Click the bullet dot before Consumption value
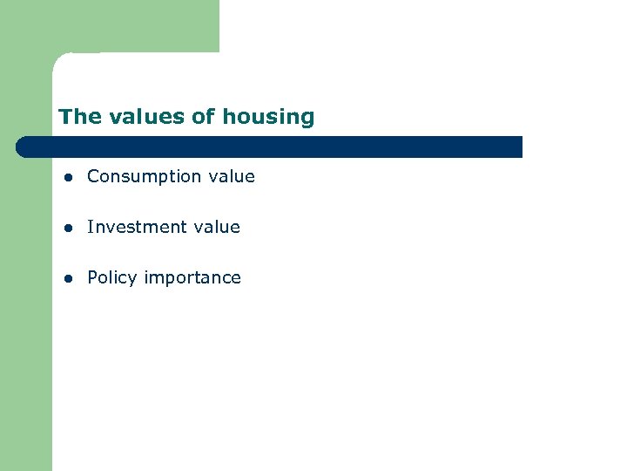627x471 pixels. click(x=66, y=177)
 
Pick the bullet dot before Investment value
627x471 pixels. click(x=66, y=228)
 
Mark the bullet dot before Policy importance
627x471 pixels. click(x=66, y=278)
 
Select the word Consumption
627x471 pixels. click(x=144, y=177)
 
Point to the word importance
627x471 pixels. click(x=192, y=278)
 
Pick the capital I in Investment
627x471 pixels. click(x=90, y=227)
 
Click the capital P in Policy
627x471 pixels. click(x=92, y=277)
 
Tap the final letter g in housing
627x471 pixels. click(x=307, y=119)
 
